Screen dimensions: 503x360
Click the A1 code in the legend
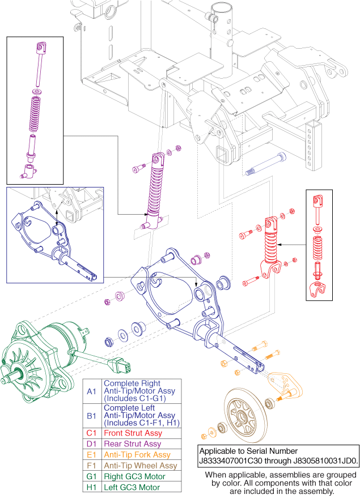[x=92, y=391]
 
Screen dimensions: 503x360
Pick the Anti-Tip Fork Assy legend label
[x=136, y=455]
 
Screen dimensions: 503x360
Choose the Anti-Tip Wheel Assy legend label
[x=140, y=466]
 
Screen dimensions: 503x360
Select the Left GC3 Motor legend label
[x=130, y=487]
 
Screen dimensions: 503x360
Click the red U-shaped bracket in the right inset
[x=318, y=289]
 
